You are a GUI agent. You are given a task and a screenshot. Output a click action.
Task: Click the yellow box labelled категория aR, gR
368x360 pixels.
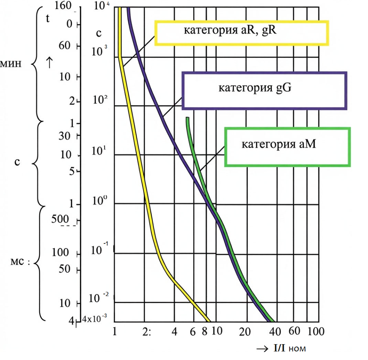point(241,22)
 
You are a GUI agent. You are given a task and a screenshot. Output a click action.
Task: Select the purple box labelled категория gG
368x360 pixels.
point(264,73)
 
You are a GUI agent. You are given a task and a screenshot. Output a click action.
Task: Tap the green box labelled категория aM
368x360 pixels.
point(287,129)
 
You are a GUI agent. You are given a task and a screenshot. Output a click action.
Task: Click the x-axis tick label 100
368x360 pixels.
point(316,331)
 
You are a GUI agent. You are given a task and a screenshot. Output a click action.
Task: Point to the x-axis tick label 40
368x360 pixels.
point(275,332)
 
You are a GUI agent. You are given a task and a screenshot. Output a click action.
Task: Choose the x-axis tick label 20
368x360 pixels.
point(245,332)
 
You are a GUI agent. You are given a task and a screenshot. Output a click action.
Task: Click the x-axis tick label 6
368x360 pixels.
point(193,332)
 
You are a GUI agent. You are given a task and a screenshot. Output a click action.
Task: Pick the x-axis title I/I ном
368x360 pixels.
point(290,348)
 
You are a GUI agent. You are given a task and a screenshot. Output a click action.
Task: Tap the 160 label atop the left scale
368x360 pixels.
point(63,5)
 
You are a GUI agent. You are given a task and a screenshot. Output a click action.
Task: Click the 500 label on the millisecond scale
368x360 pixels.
point(60,219)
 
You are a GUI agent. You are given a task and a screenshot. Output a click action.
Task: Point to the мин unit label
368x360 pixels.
point(10,63)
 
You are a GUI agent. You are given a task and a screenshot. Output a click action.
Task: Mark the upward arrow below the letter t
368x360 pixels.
point(49,63)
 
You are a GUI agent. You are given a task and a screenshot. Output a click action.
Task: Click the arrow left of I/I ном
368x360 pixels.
point(262,349)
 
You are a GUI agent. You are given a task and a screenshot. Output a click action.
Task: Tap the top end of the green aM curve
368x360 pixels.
point(187,118)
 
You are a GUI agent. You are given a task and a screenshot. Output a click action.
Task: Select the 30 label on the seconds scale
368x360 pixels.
point(65,136)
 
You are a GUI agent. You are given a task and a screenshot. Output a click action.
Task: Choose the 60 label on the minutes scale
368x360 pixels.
point(65,45)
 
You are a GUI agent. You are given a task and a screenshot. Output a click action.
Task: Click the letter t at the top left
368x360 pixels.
point(48,18)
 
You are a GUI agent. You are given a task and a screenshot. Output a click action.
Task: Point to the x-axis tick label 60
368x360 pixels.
point(294,331)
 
